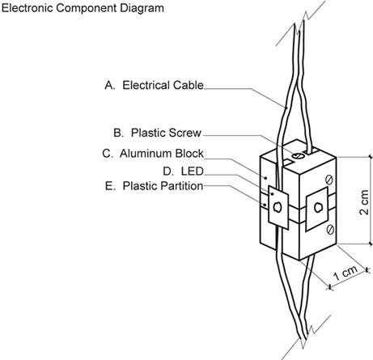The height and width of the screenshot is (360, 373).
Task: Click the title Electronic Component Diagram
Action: tap(83, 8)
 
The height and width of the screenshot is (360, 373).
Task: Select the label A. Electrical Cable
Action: tap(155, 85)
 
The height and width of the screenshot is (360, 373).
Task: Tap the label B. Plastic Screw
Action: tap(158, 133)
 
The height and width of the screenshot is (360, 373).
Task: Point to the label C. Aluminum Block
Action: tap(153, 154)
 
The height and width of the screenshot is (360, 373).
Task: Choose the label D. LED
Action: tap(183, 172)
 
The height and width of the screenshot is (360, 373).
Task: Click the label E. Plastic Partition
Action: tap(154, 186)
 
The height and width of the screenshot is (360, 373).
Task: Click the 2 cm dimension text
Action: tap(364, 202)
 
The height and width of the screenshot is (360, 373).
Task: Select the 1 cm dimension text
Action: tap(345, 273)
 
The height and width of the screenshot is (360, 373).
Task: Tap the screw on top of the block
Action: tap(297, 155)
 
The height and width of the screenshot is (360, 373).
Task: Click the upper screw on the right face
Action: tap(329, 180)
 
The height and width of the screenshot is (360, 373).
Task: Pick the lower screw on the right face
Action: tap(330, 230)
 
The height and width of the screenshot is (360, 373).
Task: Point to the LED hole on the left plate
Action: tap(278, 207)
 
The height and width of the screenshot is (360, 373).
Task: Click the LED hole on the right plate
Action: tap(318, 208)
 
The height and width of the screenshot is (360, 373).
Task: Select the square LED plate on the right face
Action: tap(317, 209)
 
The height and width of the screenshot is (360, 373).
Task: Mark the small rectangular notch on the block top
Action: tap(287, 162)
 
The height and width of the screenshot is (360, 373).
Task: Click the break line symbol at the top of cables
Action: tap(300, 23)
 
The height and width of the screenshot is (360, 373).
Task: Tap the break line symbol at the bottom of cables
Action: tap(306, 337)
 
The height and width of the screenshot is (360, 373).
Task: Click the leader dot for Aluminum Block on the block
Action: tap(265, 178)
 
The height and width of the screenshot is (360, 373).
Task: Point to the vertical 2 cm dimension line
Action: tap(370, 201)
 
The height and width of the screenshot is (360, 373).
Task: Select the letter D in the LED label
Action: tap(167, 172)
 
